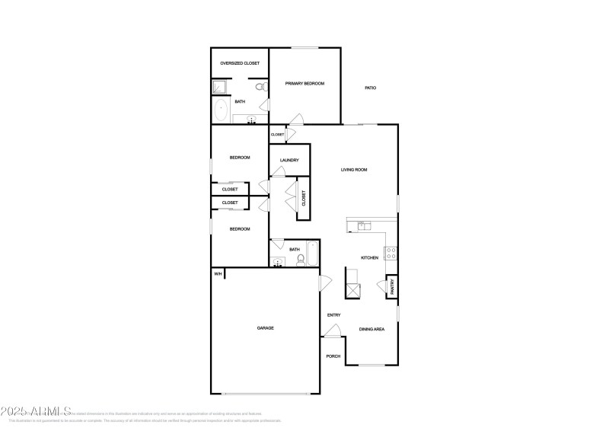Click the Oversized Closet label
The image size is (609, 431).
(x=240, y=63)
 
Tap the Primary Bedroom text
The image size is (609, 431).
(x=304, y=83)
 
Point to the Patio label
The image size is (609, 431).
(x=370, y=88)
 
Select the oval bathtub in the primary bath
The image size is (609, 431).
(x=222, y=111)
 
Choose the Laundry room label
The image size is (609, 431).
(x=289, y=160)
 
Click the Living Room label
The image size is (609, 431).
(x=354, y=170)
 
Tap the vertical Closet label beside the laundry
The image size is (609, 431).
(x=304, y=199)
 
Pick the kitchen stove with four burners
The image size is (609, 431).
(x=391, y=254)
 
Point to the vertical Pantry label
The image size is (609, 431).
(x=392, y=286)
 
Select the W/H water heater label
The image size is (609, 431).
(x=217, y=274)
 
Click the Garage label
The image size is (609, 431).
(x=265, y=328)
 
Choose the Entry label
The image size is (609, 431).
(x=333, y=315)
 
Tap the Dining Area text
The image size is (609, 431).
(x=371, y=329)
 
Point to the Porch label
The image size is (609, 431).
(x=333, y=356)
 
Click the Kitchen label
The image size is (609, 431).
(x=369, y=258)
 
